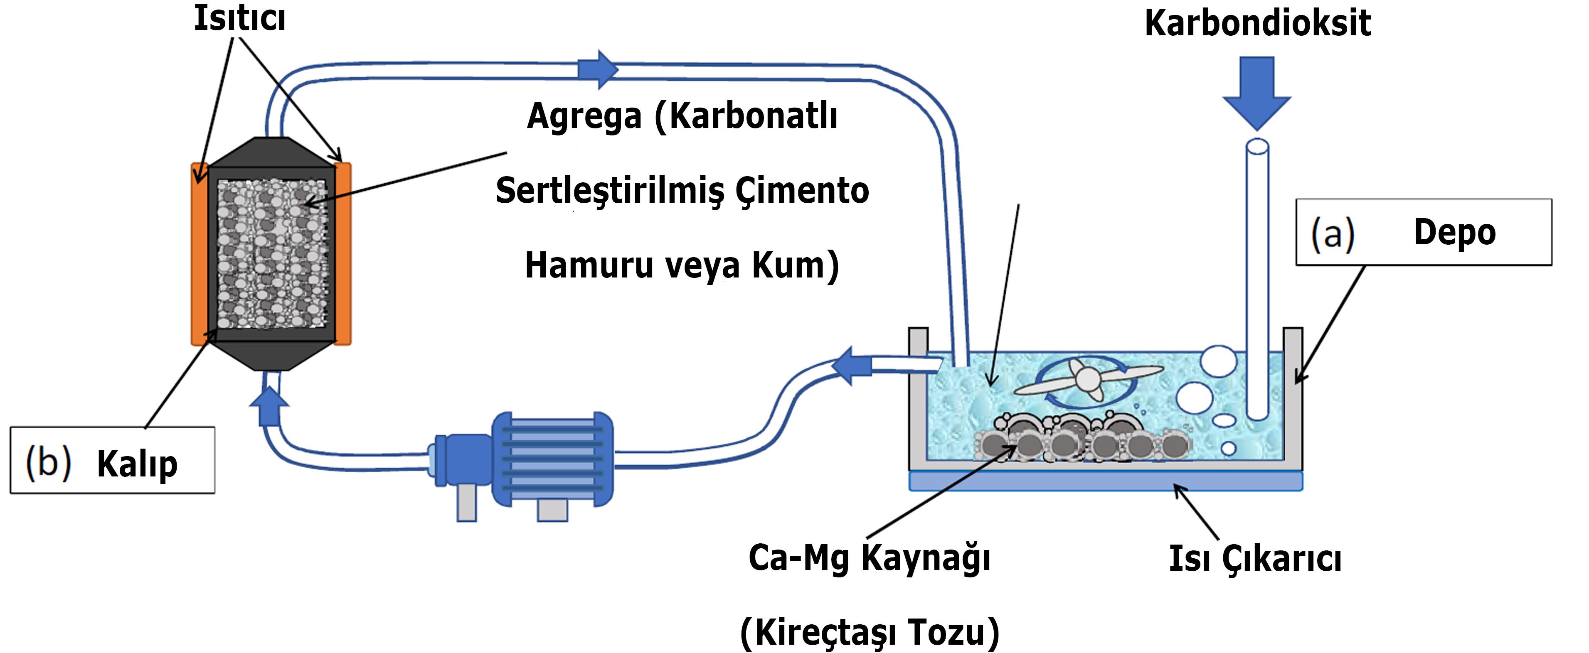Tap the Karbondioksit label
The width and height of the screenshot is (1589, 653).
click(1257, 23)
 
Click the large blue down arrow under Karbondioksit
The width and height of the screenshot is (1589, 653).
click(1256, 93)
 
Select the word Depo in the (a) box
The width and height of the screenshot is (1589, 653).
click(1454, 233)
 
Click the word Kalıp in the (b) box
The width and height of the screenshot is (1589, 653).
click(137, 464)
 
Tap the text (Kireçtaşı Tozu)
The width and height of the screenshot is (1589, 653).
click(870, 633)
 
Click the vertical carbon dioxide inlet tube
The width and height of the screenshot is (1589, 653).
click(1257, 280)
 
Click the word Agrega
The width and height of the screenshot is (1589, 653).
click(584, 117)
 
